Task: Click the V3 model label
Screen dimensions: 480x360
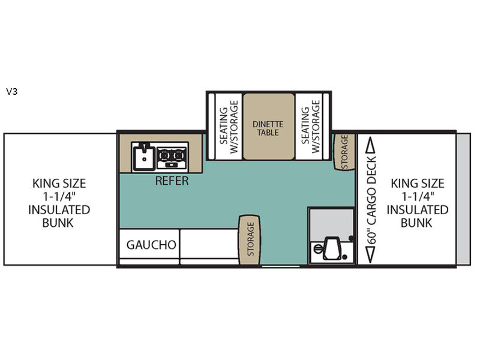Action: (12, 91)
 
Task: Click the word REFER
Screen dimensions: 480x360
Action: (172, 181)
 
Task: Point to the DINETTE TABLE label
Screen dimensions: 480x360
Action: (268, 128)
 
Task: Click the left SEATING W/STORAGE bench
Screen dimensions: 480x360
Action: (229, 127)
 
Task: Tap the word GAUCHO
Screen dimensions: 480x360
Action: (151, 245)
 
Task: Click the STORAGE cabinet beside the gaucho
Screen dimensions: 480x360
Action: (250, 239)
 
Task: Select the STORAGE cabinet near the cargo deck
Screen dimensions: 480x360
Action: (344, 152)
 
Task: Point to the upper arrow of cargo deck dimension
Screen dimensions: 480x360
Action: (371, 145)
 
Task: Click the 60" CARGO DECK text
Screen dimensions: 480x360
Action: (371, 200)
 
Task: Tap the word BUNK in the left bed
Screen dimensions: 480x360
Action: (58, 223)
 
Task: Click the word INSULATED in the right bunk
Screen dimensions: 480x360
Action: (417, 209)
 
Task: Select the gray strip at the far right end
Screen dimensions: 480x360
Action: (463, 199)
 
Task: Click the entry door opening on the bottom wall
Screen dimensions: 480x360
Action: (281, 266)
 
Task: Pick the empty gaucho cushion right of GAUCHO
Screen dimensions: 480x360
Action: (209, 244)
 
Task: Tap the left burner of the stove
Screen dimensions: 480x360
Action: (164, 155)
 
